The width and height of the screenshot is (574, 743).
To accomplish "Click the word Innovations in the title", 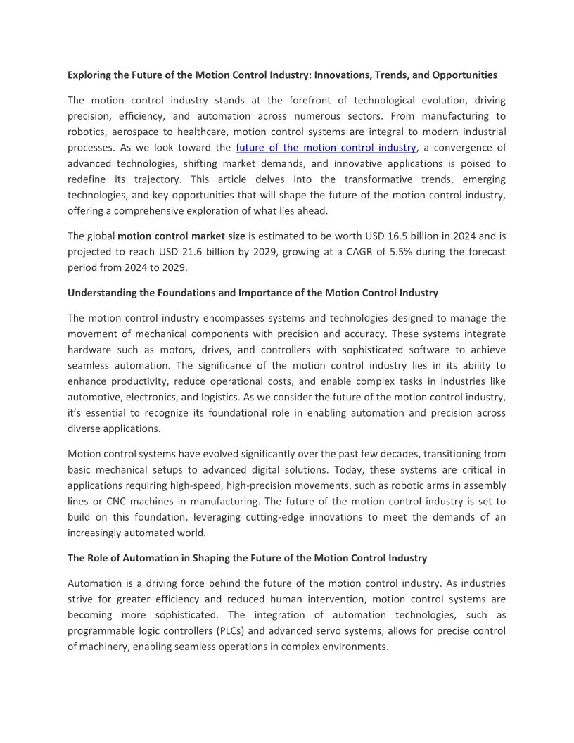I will tap(340, 75).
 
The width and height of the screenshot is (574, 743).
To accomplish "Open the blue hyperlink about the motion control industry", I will tap(326, 148).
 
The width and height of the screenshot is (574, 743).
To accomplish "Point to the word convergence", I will tap(458, 148).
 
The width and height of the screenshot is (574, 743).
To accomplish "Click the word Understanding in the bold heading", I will tap(101, 293).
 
